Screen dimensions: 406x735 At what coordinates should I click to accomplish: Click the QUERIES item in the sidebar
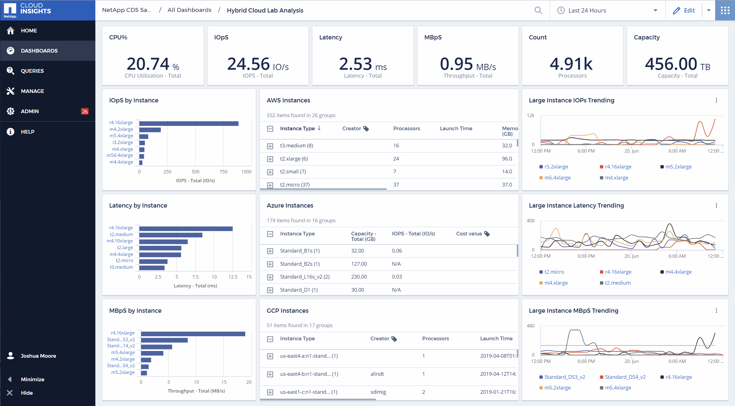[x=32, y=71]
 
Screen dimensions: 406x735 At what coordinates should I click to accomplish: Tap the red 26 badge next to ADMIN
[x=85, y=112]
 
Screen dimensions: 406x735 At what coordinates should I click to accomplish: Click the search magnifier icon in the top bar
[x=538, y=10]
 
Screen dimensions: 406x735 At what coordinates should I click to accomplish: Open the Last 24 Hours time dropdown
[x=607, y=10]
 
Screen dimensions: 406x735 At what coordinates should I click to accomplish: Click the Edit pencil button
[x=684, y=10]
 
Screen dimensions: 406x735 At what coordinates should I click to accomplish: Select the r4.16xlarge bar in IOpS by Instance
[x=189, y=124]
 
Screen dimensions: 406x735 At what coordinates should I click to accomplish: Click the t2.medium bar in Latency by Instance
[x=171, y=235]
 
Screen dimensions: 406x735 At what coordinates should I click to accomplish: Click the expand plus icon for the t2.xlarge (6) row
[x=270, y=159]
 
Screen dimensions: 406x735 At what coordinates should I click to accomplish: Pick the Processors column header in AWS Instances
[x=406, y=128]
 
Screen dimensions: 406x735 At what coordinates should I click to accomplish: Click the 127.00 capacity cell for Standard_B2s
[x=359, y=264]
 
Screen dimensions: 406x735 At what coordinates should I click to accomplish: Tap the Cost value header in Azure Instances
[x=469, y=234]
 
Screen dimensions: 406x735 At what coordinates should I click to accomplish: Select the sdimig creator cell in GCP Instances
[x=378, y=392]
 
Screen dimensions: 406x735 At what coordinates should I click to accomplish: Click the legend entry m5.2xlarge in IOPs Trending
[x=678, y=167]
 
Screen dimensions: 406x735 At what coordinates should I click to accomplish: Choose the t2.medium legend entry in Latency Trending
[x=617, y=283]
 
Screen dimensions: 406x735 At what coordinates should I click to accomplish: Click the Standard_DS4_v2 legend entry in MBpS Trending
[x=625, y=377]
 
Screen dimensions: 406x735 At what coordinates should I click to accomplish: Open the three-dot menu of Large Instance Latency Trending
[x=716, y=205]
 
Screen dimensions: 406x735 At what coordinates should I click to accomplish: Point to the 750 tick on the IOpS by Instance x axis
[x=223, y=172]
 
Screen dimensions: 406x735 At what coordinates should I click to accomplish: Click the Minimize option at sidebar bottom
[x=32, y=379]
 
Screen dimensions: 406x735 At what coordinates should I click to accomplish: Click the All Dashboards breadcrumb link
[x=189, y=10]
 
